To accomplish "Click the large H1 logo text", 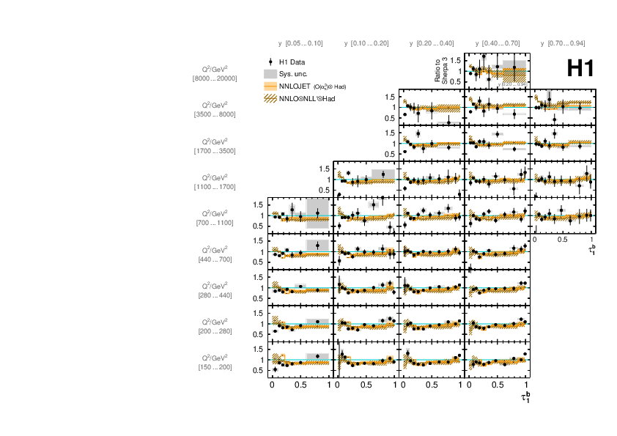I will click(580, 68).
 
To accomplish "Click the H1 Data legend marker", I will click(271, 63).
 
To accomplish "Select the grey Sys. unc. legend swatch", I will click(270, 74).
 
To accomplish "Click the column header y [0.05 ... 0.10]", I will click(300, 44).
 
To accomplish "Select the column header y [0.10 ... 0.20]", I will click(366, 44).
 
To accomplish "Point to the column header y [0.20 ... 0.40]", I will click(432, 44).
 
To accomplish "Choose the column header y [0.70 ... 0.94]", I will click(562, 44).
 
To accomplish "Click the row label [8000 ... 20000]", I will click(215, 78).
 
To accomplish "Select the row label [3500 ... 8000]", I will click(215, 114).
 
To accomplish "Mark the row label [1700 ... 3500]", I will click(215, 150).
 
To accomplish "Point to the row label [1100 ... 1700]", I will click(215, 187).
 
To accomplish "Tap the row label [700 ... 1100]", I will click(215, 223).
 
